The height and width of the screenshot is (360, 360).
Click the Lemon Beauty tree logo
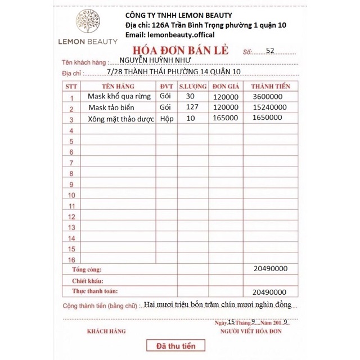pos(88,22)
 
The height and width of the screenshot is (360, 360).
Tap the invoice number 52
pos(270,51)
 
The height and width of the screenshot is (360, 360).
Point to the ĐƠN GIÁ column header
pos(227,86)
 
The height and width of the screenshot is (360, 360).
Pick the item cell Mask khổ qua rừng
pos(119,97)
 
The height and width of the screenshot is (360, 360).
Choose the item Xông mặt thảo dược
pos(121,119)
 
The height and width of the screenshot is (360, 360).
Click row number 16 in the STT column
pos(71,260)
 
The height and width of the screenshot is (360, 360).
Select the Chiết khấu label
pos(87,281)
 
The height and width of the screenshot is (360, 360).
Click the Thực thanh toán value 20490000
pos(269,292)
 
